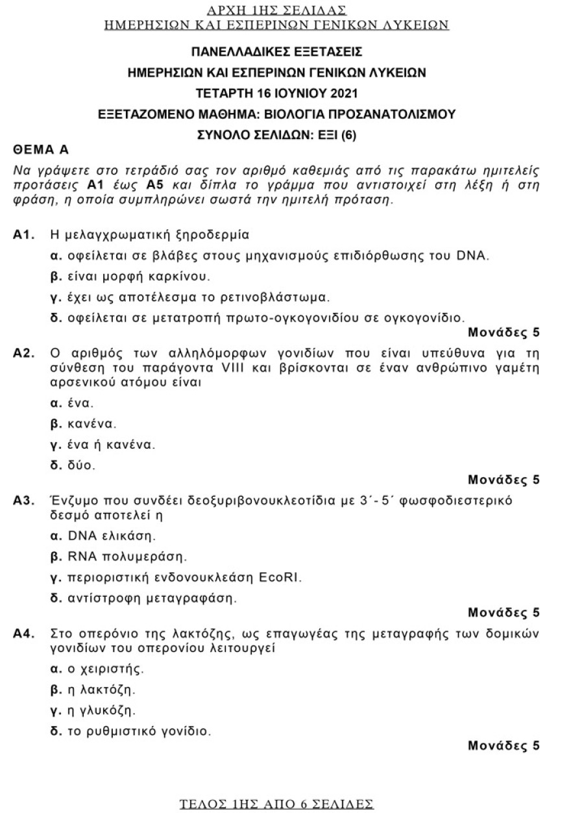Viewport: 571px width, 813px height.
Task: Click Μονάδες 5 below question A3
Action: (x=503, y=612)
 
